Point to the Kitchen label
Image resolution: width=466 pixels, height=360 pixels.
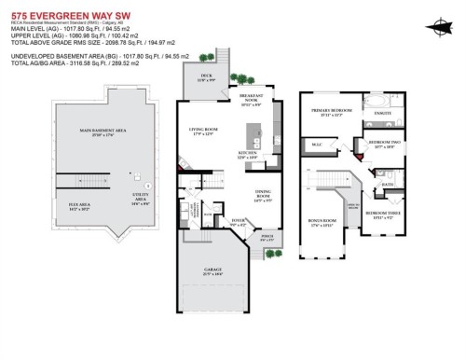(248, 154)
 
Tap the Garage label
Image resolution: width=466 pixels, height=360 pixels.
(213, 271)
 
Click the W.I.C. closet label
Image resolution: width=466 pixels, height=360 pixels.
(317, 144)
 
